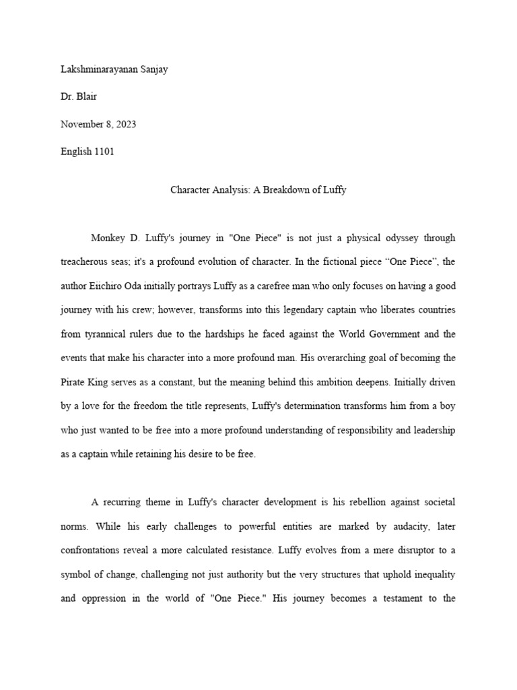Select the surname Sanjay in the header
click(153, 71)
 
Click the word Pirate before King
click(74, 383)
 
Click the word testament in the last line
click(390, 598)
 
